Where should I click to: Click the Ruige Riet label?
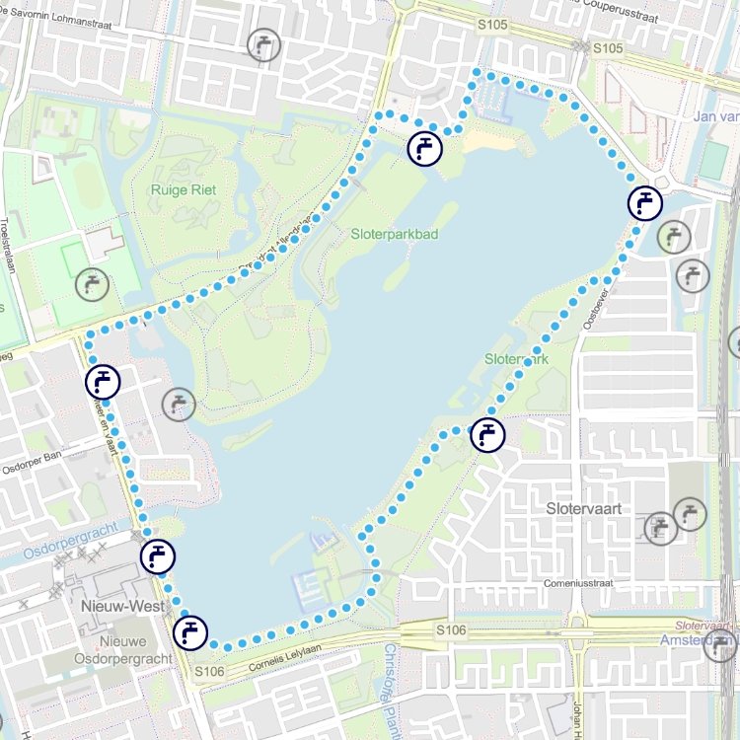[x=185, y=189]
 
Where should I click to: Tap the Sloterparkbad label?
[x=395, y=234]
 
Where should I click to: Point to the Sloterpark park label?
[x=517, y=360]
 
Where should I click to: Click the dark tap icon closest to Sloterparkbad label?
[x=424, y=149]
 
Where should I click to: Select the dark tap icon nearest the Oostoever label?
[x=645, y=203]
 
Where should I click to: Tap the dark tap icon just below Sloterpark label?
[x=487, y=434]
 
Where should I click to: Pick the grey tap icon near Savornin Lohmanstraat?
[x=263, y=44]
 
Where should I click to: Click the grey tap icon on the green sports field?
[x=93, y=284]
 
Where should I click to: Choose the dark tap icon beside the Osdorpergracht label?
[x=157, y=556]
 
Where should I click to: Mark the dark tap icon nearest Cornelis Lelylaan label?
[x=190, y=631]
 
